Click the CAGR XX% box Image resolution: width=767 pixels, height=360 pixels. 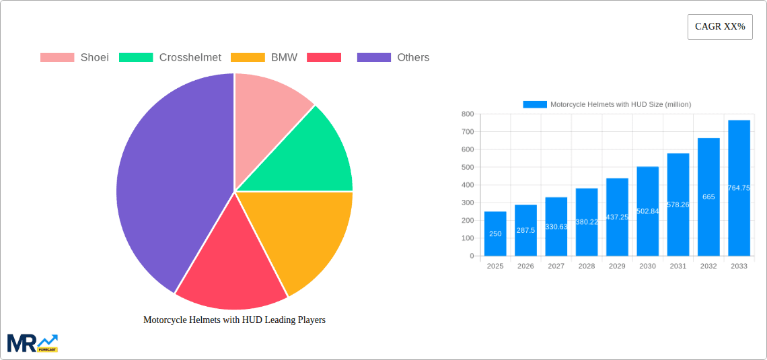click(719, 27)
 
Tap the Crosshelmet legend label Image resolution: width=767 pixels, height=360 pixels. click(190, 58)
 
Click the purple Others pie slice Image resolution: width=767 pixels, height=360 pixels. click(168, 182)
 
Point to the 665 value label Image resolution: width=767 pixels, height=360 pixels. click(708, 197)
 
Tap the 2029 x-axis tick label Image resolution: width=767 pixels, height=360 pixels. click(617, 266)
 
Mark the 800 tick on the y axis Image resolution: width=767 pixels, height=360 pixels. click(467, 114)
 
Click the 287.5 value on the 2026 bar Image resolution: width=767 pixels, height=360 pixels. click(525, 230)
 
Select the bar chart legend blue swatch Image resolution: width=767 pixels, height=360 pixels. click(535, 104)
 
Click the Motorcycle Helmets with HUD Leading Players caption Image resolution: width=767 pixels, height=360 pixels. click(234, 320)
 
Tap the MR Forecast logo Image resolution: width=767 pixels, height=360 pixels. click(32, 343)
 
